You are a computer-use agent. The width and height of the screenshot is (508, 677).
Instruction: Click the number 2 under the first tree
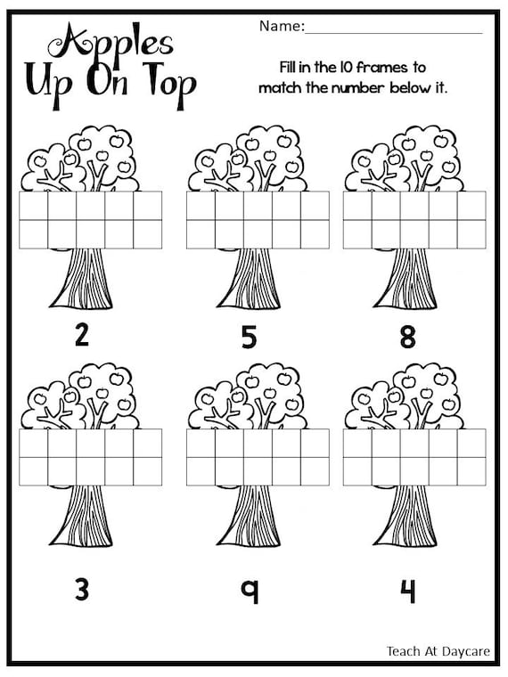click(82, 336)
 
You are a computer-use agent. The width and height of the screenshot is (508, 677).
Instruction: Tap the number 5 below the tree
click(250, 338)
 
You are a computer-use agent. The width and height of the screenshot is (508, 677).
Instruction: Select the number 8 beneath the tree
click(407, 338)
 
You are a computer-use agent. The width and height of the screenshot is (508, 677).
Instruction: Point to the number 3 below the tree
click(82, 590)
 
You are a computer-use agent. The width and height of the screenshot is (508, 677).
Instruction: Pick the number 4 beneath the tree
click(407, 591)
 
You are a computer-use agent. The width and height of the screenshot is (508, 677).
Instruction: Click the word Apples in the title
click(111, 44)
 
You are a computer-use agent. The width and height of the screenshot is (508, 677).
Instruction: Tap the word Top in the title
click(169, 86)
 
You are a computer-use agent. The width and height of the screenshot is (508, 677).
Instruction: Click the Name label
click(282, 26)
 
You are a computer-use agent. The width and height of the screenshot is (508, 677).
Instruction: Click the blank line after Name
click(394, 32)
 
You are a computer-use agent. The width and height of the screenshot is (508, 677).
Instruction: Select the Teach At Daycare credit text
click(438, 651)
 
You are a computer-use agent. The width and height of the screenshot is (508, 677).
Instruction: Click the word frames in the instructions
click(382, 68)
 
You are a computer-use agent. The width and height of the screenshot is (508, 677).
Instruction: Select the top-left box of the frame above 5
click(201, 206)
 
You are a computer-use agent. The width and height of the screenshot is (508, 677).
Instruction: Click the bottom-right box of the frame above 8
click(471, 234)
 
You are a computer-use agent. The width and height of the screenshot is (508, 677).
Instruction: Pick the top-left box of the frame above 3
click(33, 443)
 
